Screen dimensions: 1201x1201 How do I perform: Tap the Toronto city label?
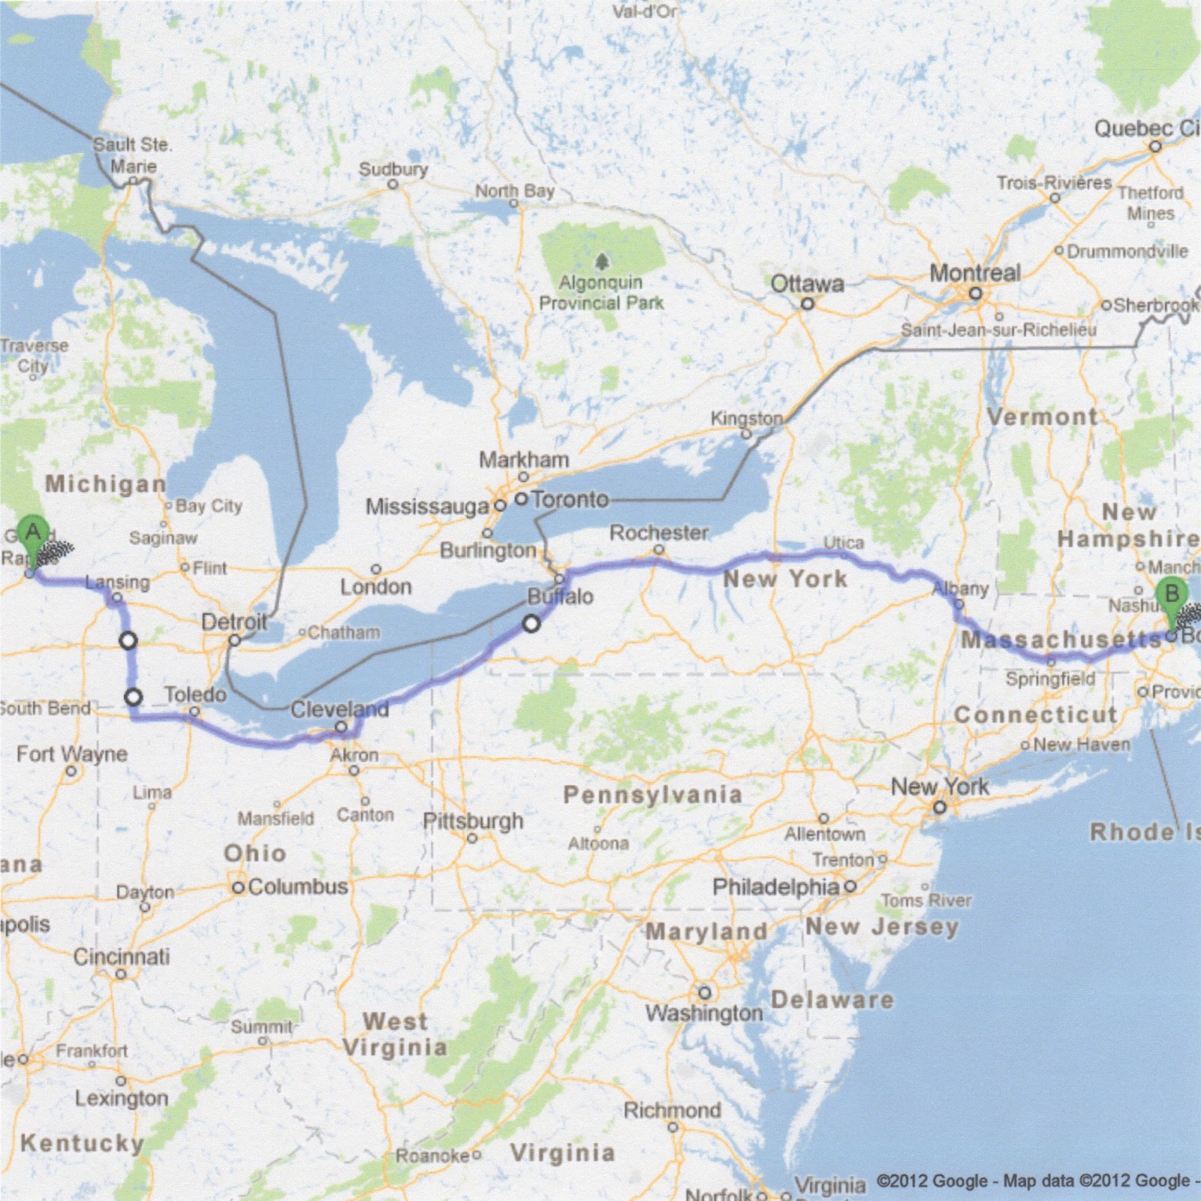[570, 499]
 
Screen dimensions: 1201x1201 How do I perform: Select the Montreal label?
[975, 273]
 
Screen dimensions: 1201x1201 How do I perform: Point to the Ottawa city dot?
[808, 304]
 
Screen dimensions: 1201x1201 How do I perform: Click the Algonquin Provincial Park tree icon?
[601, 261]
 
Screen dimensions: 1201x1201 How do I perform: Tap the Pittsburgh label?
[473, 820]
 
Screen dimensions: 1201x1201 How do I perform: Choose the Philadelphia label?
[775, 886]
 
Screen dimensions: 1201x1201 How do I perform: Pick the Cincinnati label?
[122, 956]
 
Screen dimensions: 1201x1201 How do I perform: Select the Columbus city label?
[298, 886]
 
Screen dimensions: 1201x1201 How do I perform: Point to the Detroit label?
[234, 622]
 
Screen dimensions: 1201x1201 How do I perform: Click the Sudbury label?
[393, 169]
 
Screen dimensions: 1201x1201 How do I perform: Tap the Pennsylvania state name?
[652, 794]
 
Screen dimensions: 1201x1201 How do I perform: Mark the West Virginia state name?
[395, 1034]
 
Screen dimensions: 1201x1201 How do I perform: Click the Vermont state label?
[1042, 417]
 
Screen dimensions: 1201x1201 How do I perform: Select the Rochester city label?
[659, 533]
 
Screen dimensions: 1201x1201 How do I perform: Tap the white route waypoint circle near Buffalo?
[531, 624]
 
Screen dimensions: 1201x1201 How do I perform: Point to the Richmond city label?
[672, 1109]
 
